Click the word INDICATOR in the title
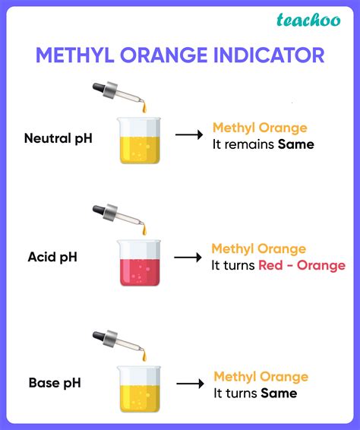[268, 55]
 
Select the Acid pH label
[52, 258]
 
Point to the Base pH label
[54, 382]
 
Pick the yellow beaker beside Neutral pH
[141, 141]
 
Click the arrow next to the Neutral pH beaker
[188, 134]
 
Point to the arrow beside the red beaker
[187, 258]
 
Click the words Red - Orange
[302, 265]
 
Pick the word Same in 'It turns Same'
[279, 393]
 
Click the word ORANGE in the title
[163, 55]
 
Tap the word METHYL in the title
[73, 55]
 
